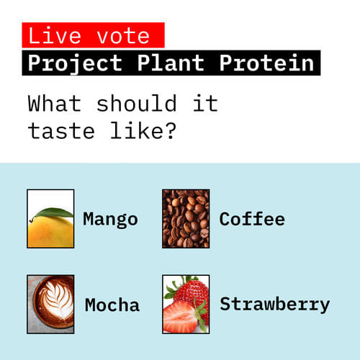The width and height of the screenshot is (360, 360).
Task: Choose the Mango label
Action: point(110,219)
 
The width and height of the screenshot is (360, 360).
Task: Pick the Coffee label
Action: point(252,219)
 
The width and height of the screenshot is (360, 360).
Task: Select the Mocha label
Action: point(112,305)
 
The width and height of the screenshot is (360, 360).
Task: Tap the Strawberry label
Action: point(274,304)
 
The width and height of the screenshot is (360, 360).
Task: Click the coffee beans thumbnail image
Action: point(186,219)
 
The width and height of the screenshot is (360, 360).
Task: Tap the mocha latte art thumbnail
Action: point(50,304)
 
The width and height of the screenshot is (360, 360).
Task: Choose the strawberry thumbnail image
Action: point(186,304)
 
